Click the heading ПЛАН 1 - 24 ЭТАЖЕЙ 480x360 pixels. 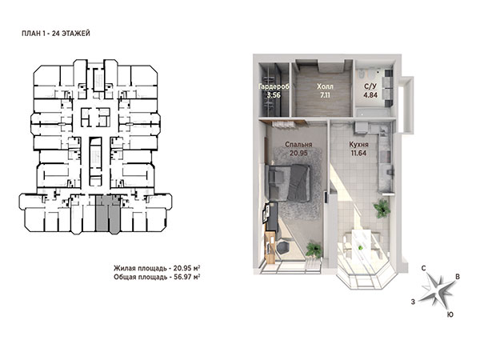56,34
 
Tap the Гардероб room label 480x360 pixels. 274,86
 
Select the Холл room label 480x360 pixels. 325,86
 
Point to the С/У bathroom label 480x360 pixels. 370,86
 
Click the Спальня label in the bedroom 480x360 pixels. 298,145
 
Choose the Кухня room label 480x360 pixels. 358,145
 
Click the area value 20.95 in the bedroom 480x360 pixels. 298,153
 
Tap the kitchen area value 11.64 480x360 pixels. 358,153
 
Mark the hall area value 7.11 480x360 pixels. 325,95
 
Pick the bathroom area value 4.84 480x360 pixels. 370,95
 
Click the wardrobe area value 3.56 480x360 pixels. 274,95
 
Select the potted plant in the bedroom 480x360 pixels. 314,249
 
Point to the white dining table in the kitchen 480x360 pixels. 362,245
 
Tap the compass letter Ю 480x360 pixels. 450,314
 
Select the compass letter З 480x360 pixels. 413,302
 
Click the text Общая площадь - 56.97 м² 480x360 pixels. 157,277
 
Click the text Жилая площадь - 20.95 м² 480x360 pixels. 157,268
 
